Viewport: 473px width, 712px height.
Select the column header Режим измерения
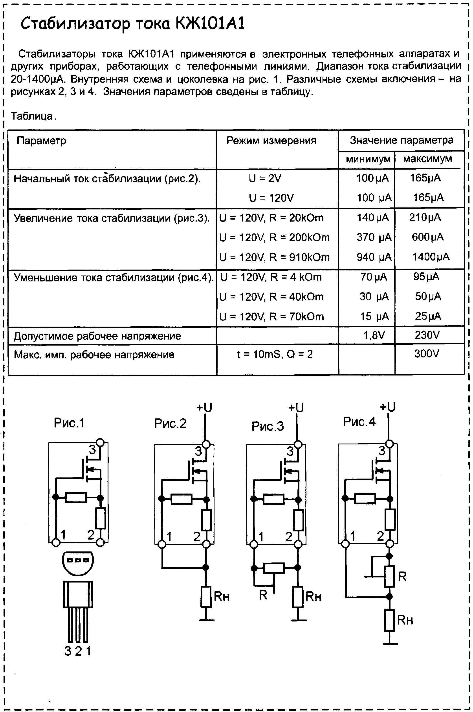coord(271,141)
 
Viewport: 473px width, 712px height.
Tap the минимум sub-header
coord(368,159)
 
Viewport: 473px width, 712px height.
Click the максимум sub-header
coord(427,159)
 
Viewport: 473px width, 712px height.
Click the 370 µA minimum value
coord(374,237)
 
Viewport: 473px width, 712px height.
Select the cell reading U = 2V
coord(265,178)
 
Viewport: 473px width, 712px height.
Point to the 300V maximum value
coord(427,354)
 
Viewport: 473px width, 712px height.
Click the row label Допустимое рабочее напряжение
coord(97,336)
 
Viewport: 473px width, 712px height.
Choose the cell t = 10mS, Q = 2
coord(275,354)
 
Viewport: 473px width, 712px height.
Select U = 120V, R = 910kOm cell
coord(275,257)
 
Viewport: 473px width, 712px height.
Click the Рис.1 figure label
coord(69,423)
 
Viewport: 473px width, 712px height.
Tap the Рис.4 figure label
coord(359,422)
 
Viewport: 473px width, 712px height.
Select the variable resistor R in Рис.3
coord(274,568)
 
